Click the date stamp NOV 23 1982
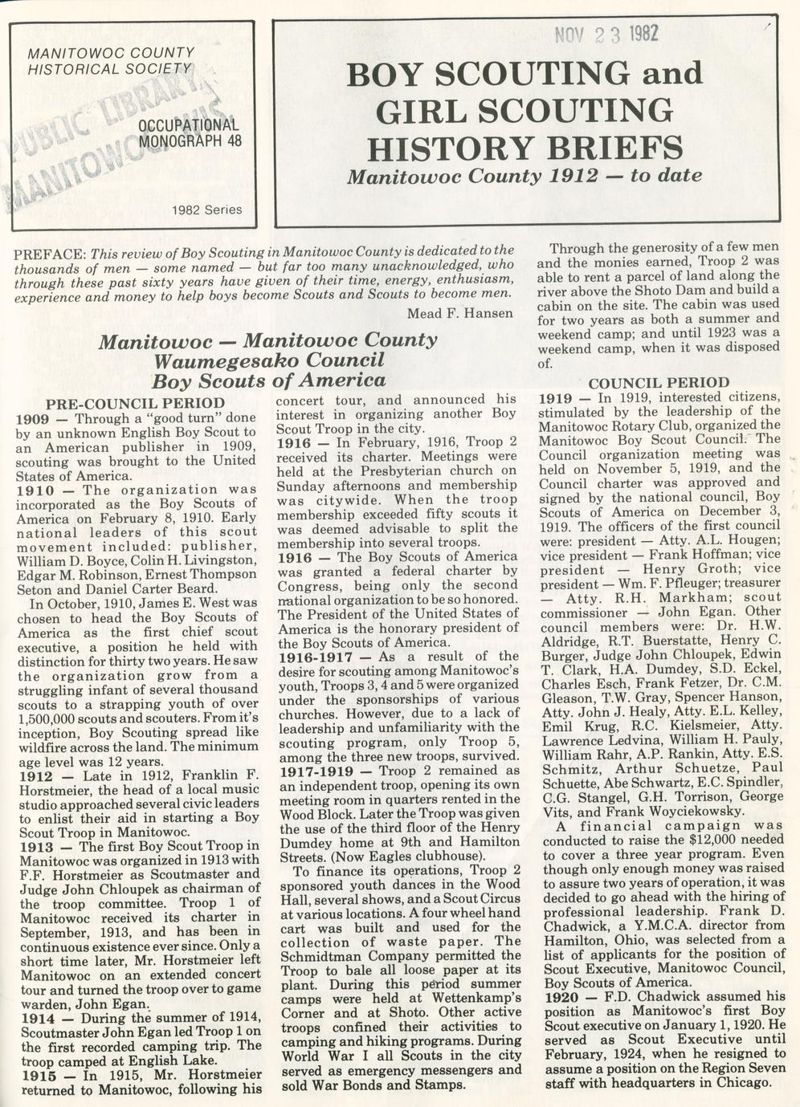point(606,34)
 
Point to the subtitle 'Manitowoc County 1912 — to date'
point(524,175)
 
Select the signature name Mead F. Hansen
point(459,312)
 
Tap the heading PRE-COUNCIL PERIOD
point(136,403)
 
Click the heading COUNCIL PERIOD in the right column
point(659,383)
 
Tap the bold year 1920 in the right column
point(561,996)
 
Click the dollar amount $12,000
point(697,839)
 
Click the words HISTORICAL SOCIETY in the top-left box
point(109,69)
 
